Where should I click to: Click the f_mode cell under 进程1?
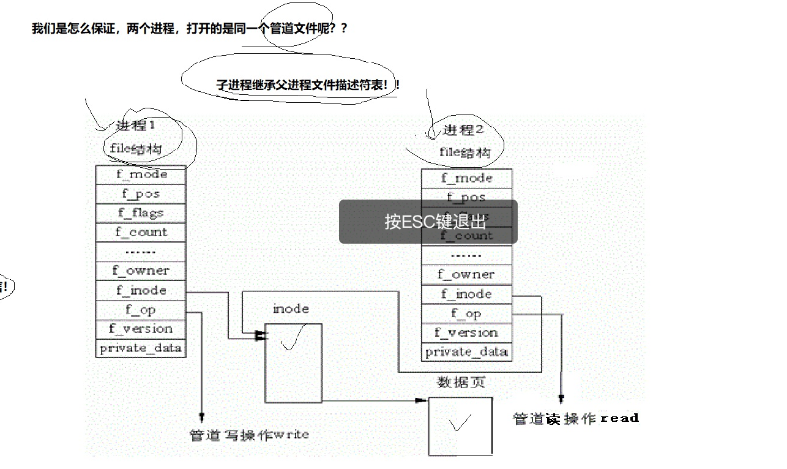tap(141, 174)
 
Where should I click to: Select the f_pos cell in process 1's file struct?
tap(141, 194)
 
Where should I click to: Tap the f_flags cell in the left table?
tap(141, 213)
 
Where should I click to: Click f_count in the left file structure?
tap(141, 232)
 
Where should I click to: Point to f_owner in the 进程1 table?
tap(141, 271)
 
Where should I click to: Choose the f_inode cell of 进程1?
tap(141, 290)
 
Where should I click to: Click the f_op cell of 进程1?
tap(141, 310)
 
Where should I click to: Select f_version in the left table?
tap(141, 329)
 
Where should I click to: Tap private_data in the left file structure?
tap(141, 348)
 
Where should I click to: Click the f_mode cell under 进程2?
tap(466, 178)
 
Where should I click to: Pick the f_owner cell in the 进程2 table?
tap(466, 274)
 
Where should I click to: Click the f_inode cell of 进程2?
tap(466, 294)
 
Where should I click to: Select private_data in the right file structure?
tap(466, 351)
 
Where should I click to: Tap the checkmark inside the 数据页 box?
tap(460, 423)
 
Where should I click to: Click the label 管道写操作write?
tap(249, 435)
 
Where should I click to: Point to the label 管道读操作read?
tap(575, 419)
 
